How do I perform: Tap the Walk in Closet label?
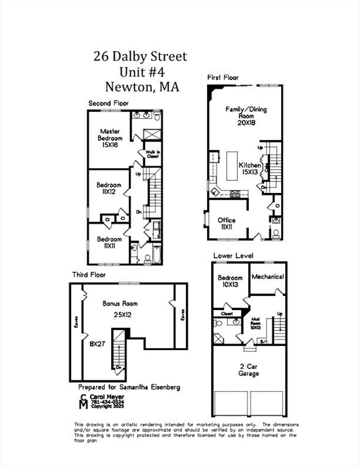[x=152, y=154]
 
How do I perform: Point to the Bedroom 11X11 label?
[x=110, y=243]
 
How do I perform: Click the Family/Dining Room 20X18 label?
[x=246, y=114]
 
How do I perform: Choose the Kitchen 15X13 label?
[x=250, y=169]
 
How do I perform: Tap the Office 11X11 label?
[x=227, y=223]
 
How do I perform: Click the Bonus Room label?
[x=121, y=303]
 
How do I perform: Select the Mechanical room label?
[x=268, y=277]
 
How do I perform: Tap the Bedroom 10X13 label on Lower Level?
[x=230, y=282]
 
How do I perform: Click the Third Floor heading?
[x=88, y=275]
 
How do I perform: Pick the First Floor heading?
[x=223, y=78]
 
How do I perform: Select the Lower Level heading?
[x=233, y=255]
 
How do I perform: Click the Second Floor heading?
[x=109, y=103]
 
